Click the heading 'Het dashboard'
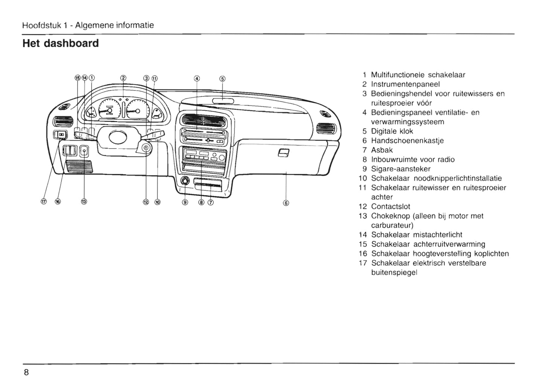point(61,43)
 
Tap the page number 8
point(26,373)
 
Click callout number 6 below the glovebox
point(286,203)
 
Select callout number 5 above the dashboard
point(222,79)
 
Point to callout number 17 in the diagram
point(43,202)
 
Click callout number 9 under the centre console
point(184,202)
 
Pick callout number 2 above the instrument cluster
point(123,78)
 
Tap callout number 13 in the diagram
point(84,202)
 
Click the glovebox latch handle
point(283,153)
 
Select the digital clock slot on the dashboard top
point(222,101)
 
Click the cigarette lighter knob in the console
point(185,181)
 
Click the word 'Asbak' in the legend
point(382,150)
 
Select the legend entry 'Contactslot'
point(390,207)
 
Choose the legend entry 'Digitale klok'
point(392,131)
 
